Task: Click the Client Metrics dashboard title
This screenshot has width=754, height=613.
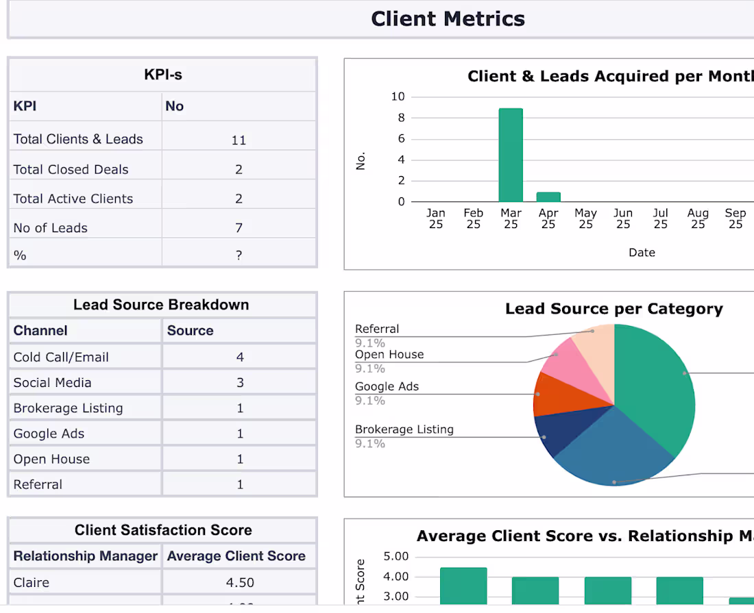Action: point(448,18)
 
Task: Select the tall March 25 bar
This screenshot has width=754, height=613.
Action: point(511,155)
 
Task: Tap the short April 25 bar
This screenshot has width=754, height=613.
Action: point(548,197)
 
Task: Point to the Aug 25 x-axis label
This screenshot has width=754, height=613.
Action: point(698,218)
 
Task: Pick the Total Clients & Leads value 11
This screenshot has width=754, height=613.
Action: point(239,140)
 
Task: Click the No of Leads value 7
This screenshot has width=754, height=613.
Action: point(239,227)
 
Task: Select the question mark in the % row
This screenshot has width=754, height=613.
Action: point(239,255)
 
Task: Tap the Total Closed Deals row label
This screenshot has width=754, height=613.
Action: point(71,169)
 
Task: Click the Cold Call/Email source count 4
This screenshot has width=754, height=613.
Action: point(240,357)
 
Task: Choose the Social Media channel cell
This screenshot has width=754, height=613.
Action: point(53,382)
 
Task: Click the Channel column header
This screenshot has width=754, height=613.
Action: point(40,330)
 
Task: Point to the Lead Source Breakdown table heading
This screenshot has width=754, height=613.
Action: point(161,305)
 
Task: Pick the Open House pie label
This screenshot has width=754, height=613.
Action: point(389,355)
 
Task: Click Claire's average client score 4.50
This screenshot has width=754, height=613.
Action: point(240,582)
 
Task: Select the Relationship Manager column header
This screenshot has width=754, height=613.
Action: point(86,555)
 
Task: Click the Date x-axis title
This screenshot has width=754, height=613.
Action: point(642,252)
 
